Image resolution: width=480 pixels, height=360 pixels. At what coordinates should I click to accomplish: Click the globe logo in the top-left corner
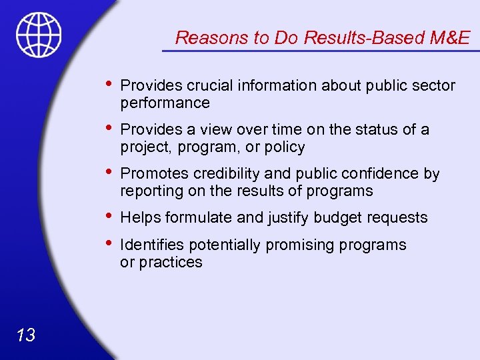coord(39,34)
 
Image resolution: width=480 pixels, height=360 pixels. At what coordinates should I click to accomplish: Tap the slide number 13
coord(26,335)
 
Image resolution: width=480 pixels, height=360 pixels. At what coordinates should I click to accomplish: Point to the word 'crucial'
coord(209,85)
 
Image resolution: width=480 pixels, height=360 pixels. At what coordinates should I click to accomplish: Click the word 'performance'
coord(165,103)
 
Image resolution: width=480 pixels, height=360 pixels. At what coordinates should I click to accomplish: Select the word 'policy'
coord(284,147)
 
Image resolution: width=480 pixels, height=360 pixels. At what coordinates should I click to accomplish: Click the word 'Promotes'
coord(155,174)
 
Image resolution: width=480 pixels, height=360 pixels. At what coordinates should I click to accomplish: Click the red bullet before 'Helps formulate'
coord(109,217)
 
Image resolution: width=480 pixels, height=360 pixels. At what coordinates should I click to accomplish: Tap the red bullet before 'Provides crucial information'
coord(109,85)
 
